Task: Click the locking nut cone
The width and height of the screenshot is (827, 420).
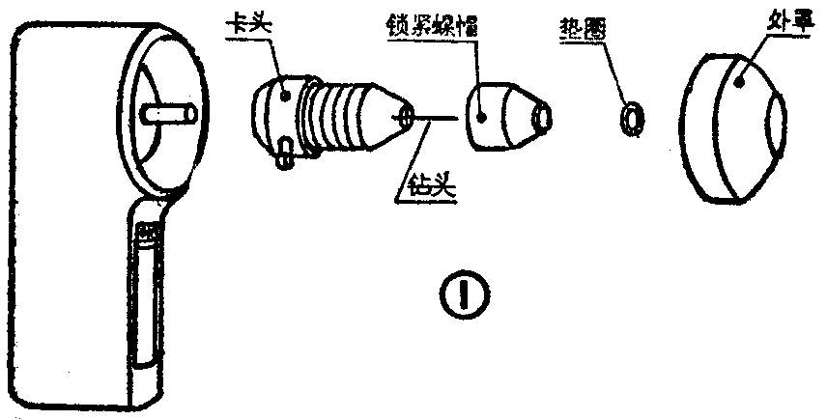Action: point(502,117)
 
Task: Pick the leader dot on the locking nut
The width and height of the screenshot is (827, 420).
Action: point(482,118)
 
